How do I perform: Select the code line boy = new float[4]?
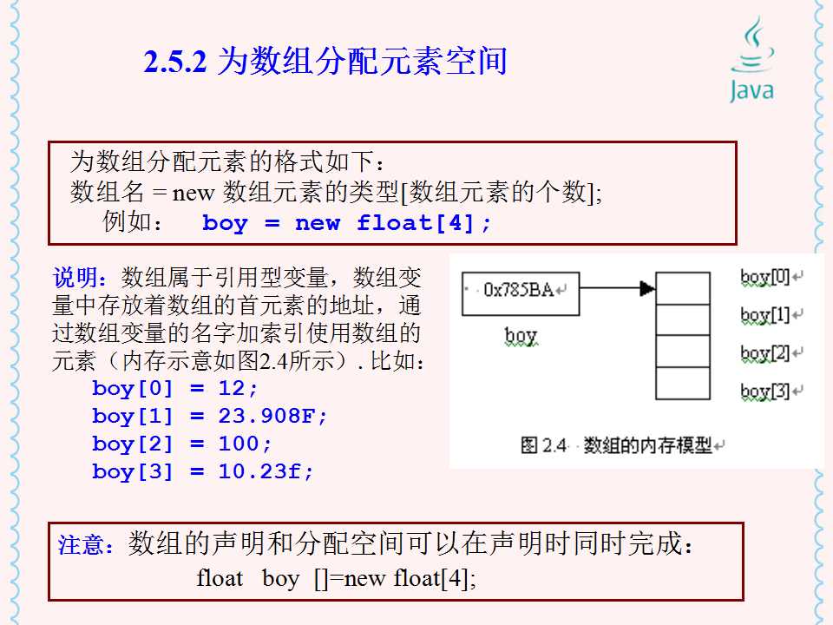[346, 223]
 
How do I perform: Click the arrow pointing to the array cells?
[617, 288]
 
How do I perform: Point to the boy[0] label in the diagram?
[766, 277]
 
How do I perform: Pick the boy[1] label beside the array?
[766, 314]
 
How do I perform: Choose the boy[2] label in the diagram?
[766, 353]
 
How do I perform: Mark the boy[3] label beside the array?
[766, 391]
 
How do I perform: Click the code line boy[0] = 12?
[175, 388]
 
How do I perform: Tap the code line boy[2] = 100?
[182, 444]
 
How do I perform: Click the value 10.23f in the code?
[266, 471]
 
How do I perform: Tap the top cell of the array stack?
[682, 288]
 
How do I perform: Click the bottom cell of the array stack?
[682, 383]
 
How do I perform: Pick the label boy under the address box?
[521, 335]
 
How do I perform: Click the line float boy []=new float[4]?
[337, 578]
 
